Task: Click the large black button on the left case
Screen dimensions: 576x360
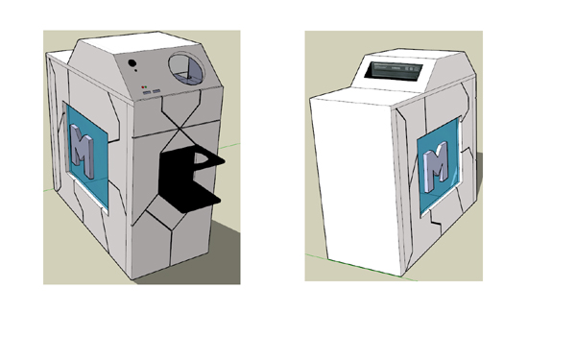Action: (x=132, y=63)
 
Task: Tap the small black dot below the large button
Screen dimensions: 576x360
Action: (x=136, y=70)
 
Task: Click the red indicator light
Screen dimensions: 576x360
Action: (x=142, y=87)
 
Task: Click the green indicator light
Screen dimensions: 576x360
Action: (x=146, y=87)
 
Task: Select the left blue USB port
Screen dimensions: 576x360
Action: (x=147, y=92)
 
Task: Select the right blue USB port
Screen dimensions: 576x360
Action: (x=156, y=91)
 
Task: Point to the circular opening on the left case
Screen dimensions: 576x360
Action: (x=186, y=68)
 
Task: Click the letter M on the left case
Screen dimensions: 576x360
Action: (x=83, y=151)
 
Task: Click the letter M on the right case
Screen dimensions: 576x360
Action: (x=436, y=166)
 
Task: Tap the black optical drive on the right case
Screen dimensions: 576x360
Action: (x=394, y=70)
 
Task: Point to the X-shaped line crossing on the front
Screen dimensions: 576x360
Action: (x=180, y=129)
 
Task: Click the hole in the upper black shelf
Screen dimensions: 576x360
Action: (x=202, y=158)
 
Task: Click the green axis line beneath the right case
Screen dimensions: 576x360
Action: (x=362, y=267)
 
